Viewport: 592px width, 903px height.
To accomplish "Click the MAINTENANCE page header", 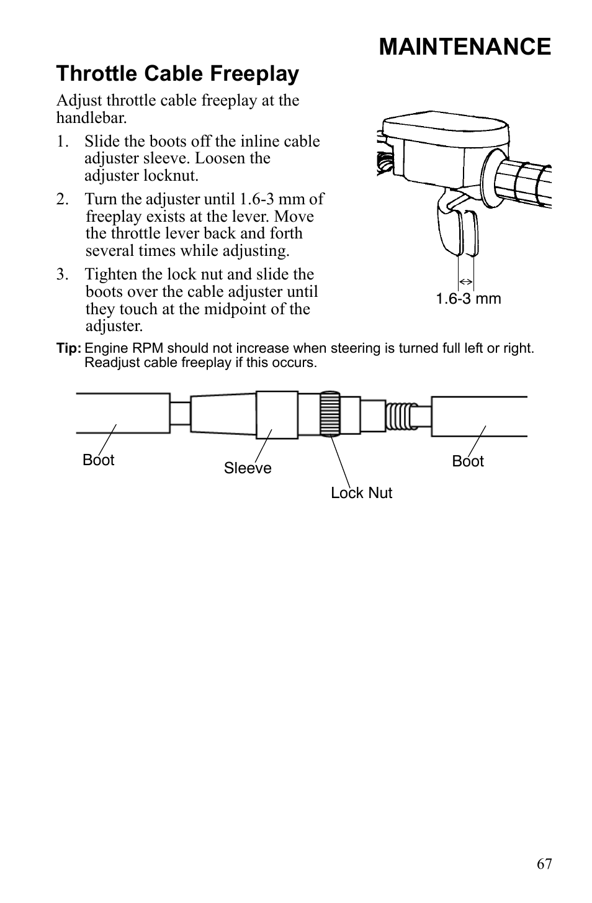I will [464, 47].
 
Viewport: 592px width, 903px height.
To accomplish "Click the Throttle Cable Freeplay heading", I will [177, 74].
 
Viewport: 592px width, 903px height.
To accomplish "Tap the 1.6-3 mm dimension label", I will [468, 299].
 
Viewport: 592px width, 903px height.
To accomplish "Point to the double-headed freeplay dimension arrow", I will [466, 282].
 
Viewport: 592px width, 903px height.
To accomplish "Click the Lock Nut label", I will [361, 493].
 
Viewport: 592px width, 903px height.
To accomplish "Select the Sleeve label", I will [248, 468].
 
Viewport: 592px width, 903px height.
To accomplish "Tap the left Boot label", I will [99, 460].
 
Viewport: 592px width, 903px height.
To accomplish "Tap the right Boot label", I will [468, 461].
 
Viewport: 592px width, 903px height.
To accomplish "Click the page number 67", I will [544, 864].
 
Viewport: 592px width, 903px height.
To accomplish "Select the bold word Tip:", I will [69, 348].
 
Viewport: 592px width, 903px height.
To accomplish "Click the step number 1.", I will [61, 142].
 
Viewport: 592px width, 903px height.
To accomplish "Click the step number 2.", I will [61, 199].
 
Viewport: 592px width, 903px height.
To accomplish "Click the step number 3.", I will [61, 275].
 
